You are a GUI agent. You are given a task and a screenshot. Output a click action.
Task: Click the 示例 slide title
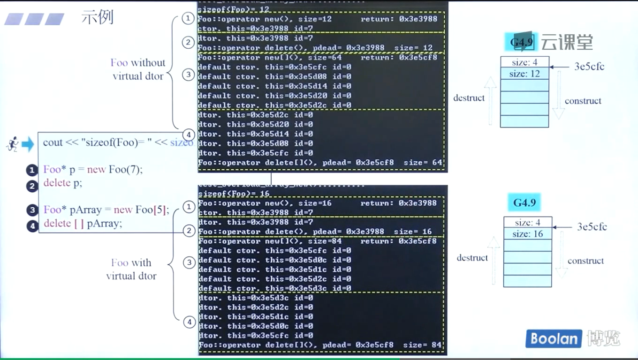(98, 17)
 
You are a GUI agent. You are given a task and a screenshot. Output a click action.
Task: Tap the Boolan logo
(554, 338)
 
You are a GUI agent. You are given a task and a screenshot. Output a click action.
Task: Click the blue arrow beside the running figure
(28, 144)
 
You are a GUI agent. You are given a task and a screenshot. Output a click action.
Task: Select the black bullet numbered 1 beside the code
(32, 170)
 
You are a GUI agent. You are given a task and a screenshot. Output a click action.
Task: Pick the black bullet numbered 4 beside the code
(32, 226)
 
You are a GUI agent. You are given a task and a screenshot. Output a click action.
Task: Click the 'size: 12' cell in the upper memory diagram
(524, 74)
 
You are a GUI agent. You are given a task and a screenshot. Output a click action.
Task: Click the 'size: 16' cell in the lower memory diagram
(528, 234)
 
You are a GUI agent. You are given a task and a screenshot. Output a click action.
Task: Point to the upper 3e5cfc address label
(589, 67)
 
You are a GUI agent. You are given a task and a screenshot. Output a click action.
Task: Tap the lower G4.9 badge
(524, 202)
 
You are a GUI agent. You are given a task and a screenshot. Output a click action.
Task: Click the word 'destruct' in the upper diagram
(469, 98)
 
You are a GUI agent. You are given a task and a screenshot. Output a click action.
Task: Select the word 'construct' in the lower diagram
(585, 261)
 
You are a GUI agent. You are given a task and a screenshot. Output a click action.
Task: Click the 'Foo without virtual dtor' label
(138, 69)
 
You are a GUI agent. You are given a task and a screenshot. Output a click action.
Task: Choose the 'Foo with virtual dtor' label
(131, 269)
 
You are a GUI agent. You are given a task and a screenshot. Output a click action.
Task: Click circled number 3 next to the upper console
(188, 75)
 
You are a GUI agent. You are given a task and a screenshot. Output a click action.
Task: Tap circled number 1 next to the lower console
(188, 207)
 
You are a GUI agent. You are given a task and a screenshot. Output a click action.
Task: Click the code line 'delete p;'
(63, 183)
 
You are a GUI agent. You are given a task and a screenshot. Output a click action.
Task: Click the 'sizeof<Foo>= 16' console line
(234, 194)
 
